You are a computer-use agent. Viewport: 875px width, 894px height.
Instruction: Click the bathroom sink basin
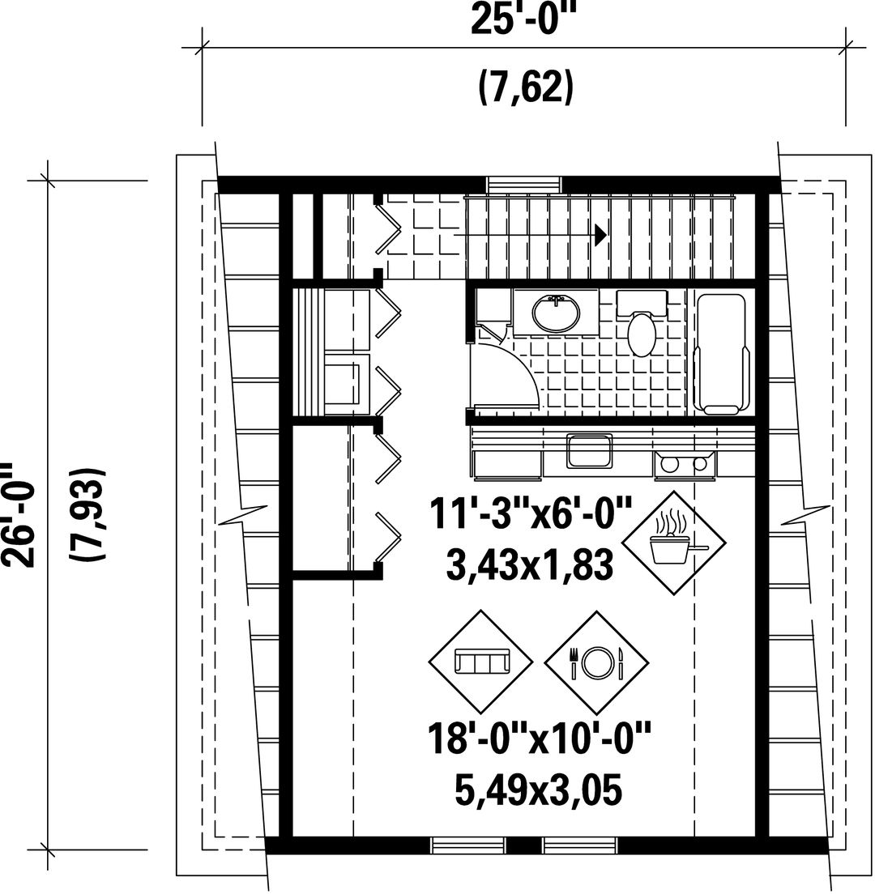pos(556,313)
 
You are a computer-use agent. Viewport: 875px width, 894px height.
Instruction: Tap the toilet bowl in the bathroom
pos(642,334)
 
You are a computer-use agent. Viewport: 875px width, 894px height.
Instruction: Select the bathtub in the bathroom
pos(721,354)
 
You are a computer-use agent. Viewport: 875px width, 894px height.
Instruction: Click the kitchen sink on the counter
pos(589,451)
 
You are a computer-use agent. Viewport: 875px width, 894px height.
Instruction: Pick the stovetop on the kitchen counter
pos(685,463)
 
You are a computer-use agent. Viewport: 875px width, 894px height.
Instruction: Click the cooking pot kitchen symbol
pos(673,543)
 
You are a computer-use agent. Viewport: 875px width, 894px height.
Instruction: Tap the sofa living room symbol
pos(481,662)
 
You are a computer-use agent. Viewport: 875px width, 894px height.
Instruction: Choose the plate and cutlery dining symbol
pos(596,662)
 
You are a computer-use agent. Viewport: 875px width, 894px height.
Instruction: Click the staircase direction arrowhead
pos(600,234)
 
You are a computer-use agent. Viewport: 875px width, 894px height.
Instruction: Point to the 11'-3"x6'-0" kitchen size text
pos(531,513)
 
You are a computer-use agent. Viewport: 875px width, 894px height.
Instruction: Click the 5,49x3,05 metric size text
pos(538,790)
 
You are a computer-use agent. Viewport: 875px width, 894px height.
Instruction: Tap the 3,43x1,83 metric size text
pos(530,565)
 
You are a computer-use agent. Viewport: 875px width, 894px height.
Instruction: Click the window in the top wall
pos(524,185)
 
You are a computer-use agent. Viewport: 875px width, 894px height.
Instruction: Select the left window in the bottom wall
pos(467,845)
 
